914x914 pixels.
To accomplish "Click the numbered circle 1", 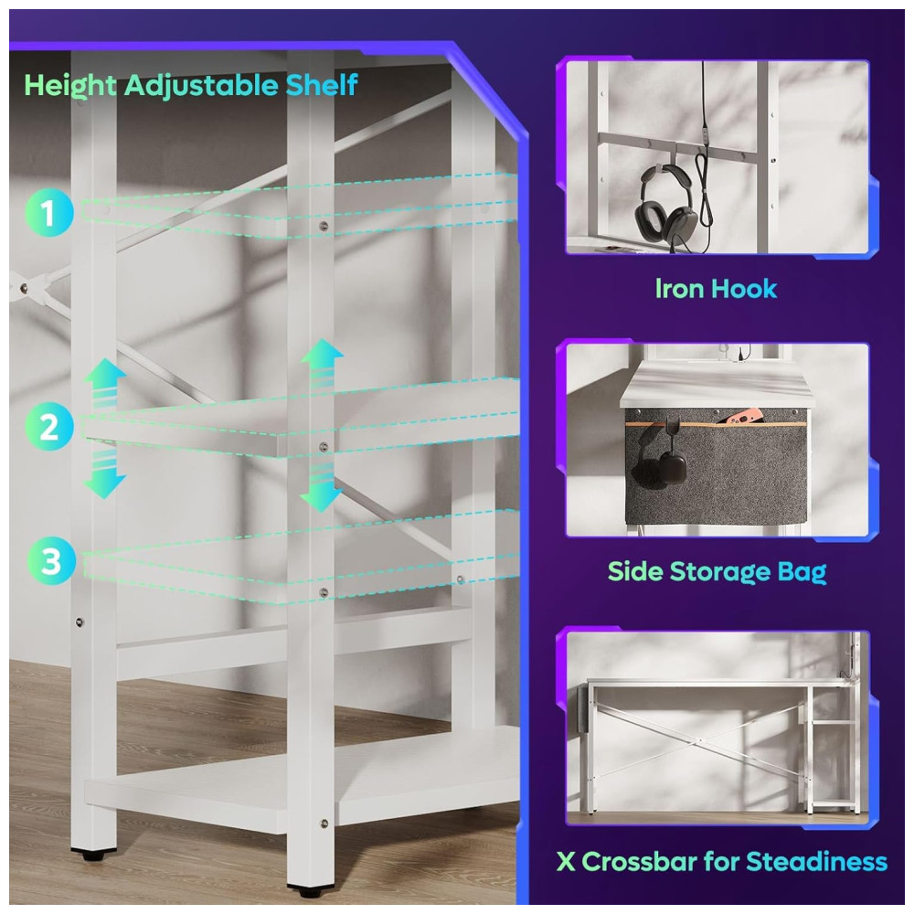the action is click(x=49, y=212).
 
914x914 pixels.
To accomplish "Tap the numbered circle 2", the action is click(x=49, y=426).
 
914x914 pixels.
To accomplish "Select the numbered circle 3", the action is click(x=51, y=561).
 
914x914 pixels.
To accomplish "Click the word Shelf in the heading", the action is click(x=321, y=85).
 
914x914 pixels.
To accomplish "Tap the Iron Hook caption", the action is click(x=716, y=288).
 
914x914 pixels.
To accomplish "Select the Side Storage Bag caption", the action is click(x=717, y=572).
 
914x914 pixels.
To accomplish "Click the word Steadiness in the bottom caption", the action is click(x=816, y=862).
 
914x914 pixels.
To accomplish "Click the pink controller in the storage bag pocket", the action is click(x=735, y=418).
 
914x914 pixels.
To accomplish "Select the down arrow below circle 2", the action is click(x=104, y=475).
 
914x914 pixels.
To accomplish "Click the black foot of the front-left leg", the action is click(x=93, y=856).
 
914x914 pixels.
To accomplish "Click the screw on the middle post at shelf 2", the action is click(x=324, y=447).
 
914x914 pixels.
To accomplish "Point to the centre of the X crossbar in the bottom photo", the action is click(x=700, y=741).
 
